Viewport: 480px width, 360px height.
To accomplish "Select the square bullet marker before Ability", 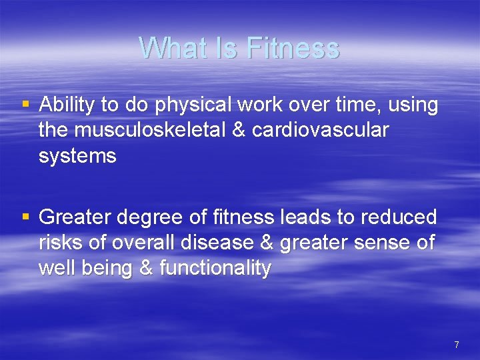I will pos(26,104).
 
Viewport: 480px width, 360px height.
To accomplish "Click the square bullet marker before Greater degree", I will pos(26,217).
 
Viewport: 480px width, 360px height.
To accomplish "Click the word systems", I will pos(77,156).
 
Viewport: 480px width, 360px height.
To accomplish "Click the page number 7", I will pos(456,345).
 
